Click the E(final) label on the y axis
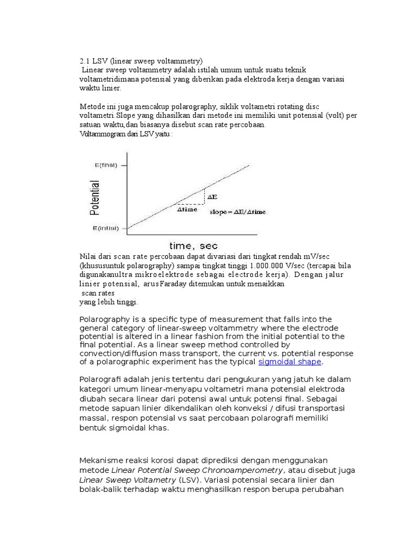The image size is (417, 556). click(106, 165)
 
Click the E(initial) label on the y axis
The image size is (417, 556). click(106, 229)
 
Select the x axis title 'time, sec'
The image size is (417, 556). click(193, 246)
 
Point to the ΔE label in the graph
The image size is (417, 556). click(213, 197)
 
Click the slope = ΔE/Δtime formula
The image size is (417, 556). click(238, 212)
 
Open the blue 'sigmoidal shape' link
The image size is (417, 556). click(290, 362)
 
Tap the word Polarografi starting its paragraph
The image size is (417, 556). click(103, 378)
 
